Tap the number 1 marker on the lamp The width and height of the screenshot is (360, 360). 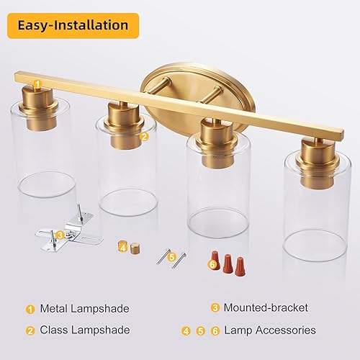[37, 84]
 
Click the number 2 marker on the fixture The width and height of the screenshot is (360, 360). [144, 135]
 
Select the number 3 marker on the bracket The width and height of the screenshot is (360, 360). [60, 234]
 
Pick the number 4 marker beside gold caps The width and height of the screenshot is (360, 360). [123, 247]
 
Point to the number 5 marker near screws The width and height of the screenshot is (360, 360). [171, 256]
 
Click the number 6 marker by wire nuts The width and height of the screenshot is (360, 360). [212, 264]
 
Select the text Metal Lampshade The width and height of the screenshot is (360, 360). [86, 309]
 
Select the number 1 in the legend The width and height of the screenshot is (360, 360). [30, 309]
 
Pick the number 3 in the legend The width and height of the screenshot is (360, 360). [215, 308]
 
